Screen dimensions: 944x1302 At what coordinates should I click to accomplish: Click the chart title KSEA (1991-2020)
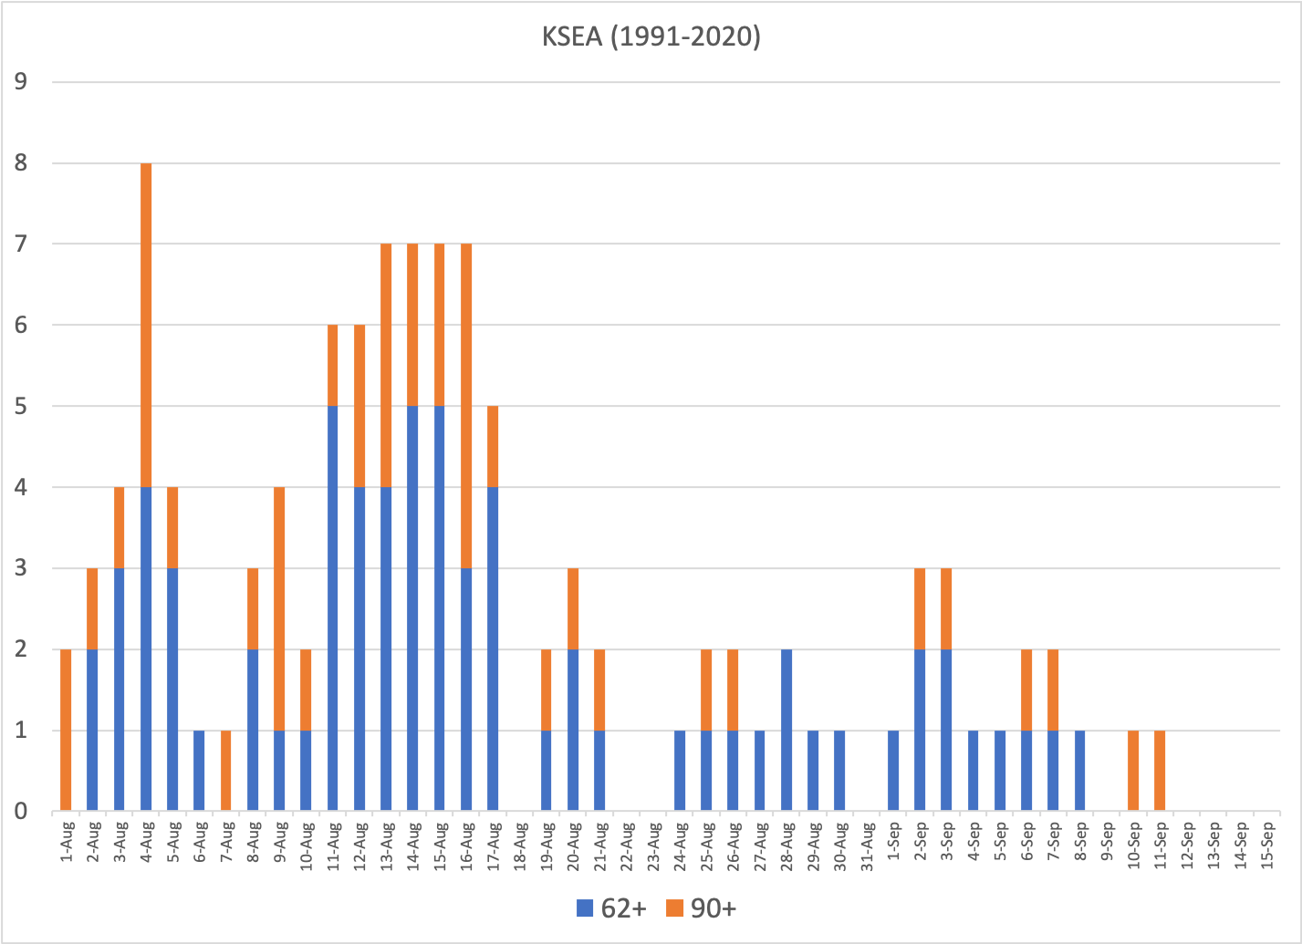(x=651, y=36)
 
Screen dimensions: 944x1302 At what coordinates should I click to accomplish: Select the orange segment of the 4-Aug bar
(x=146, y=325)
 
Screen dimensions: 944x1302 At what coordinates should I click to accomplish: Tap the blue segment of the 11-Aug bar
(x=333, y=608)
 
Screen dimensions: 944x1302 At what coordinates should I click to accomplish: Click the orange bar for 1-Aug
(x=66, y=730)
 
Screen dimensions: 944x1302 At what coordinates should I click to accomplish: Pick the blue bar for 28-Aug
(x=786, y=730)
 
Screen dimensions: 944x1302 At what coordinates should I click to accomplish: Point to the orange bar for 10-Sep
(x=1133, y=771)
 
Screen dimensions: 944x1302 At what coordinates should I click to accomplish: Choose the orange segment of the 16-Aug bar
(x=466, y=406)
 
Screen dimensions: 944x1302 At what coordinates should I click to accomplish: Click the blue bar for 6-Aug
(x=199, y=771)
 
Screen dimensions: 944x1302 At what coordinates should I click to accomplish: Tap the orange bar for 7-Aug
(x=225, y=771)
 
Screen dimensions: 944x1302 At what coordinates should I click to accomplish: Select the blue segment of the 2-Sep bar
(x=920, y=730)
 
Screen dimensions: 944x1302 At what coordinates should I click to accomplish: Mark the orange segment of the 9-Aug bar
(x=279, y=608)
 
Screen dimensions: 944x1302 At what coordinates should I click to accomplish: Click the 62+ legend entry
(x=611, y=908)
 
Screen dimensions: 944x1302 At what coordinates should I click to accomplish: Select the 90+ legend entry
(x=701, y=908)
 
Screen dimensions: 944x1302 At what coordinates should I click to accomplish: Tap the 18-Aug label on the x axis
(x=520, y=848)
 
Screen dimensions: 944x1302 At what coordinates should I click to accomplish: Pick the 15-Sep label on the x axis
(x=1267, y=848)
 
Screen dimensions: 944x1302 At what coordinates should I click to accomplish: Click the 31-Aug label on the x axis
(x=867, y=848)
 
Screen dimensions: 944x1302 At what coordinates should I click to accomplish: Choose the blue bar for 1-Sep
(x=893, y=771)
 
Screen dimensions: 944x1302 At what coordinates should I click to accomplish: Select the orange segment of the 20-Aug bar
(x=573, y=608)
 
